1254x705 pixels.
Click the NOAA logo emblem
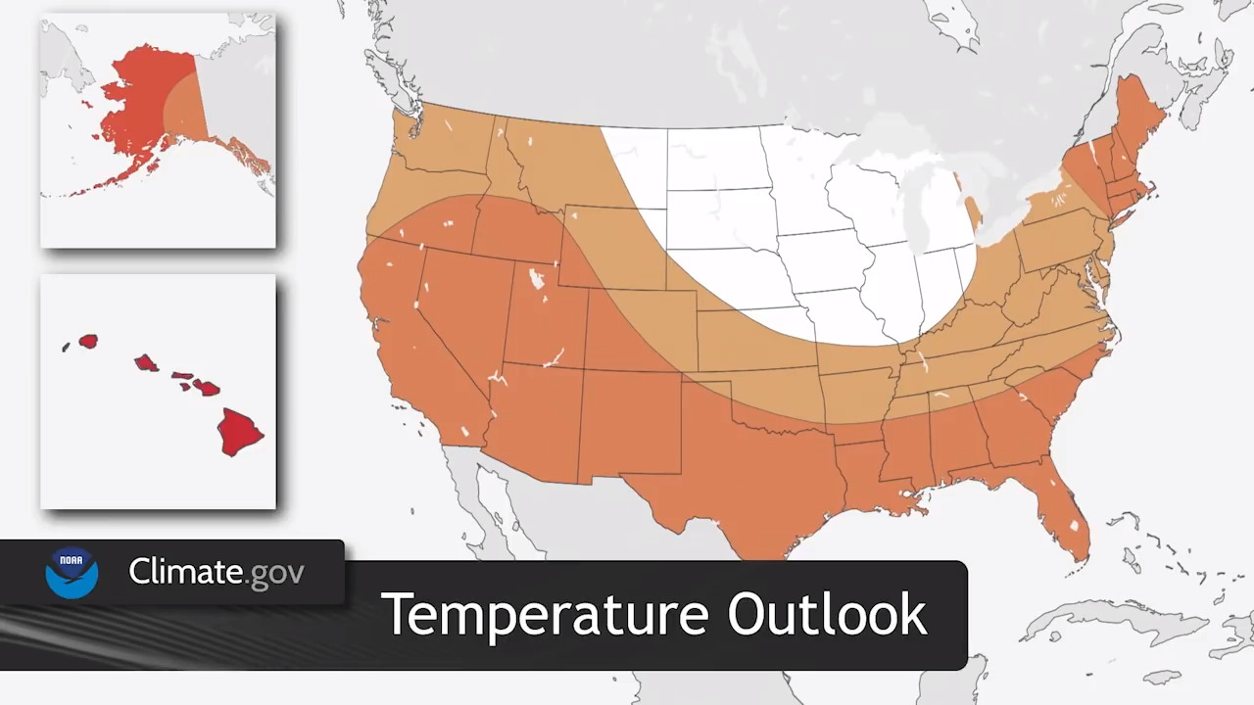[x=72, y=573]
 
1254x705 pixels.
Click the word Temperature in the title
[x=543, y=614]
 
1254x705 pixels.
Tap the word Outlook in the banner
[x=827, y=614]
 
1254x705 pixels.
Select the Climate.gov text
[x=217, y=572]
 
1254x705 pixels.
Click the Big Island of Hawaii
[x=239, y=431]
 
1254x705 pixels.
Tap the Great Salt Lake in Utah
[x=536, y=280]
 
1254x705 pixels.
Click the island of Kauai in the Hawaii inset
[x=88, y=341]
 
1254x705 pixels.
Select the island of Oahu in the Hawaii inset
[x=146, y=363]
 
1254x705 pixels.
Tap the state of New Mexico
[x=627, y=421]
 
